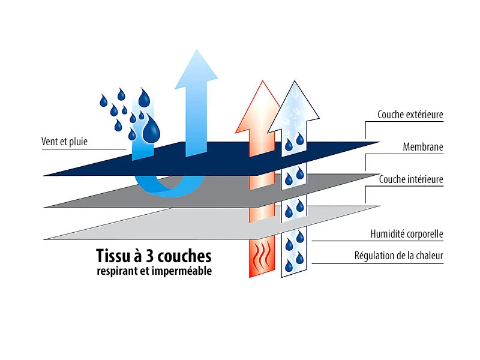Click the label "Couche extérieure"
410,115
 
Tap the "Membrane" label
423,147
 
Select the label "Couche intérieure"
411,179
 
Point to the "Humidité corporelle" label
407,233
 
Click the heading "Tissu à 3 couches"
154,256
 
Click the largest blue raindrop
151,127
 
